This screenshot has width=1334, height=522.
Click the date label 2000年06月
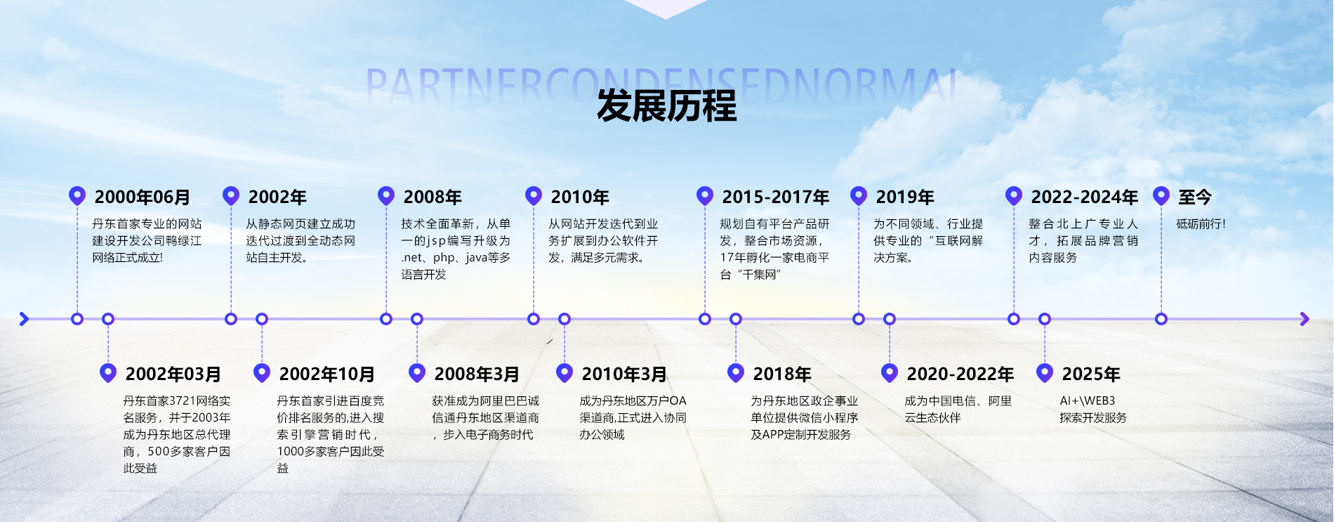pos(143,197)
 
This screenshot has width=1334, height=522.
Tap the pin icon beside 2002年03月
pos(108,372)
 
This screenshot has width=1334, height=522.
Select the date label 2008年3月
pos(477,374)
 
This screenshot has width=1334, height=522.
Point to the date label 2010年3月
pos(624,374)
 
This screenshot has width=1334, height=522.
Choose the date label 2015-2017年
pos(775,197)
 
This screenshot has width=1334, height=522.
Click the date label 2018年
pos(781,374)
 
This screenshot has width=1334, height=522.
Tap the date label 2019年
pos(904,197)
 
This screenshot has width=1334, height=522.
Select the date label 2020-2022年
pos(960,374)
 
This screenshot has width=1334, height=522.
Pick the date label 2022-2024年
pos(1084,197)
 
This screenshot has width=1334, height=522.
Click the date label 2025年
pos(1090,374)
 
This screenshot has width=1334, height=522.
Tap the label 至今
pos(1194,197)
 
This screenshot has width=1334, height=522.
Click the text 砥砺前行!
pos(1201,224)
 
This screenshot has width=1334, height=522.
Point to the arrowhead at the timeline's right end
pos(1305,319)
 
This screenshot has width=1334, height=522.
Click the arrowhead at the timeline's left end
pos(24,319)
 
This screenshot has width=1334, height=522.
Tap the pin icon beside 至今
pos(1161,195)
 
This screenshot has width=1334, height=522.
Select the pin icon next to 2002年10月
pos(262,372)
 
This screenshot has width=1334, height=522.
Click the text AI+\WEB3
pos(1087,401)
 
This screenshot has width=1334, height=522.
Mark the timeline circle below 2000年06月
pos(77,319)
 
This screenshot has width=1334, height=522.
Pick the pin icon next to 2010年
pos(534,195)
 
